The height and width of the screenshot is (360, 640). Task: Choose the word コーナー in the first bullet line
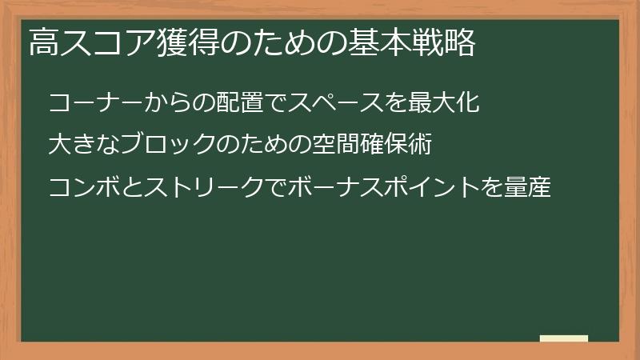[94, 103]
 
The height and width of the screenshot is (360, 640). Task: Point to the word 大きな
[83, 146]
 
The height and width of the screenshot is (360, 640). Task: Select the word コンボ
[83, 189]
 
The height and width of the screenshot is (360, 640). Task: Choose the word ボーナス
[332, 189]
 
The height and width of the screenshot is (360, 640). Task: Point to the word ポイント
[426, 189]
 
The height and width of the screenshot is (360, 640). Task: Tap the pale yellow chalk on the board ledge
[564, 338]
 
